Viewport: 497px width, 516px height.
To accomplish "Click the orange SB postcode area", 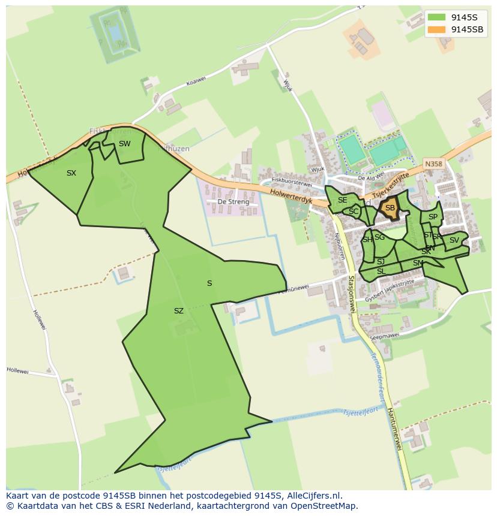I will [390, 209].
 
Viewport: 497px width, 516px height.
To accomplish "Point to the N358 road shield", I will [432, 163].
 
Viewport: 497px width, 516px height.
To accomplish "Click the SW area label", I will [124, 144].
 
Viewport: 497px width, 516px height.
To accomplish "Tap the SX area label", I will [71, 173].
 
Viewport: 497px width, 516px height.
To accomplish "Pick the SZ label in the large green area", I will [178, 311].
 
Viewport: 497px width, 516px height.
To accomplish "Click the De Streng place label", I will [233, 202].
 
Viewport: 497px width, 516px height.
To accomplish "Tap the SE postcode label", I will [342, 200].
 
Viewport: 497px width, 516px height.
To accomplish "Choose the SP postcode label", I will [433, 217].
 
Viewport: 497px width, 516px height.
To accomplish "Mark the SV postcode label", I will [454, 240].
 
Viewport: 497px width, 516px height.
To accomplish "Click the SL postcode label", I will [381, 271].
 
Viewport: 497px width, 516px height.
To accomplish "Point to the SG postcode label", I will [379, 237].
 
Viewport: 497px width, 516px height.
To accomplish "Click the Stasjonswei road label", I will [352, 293].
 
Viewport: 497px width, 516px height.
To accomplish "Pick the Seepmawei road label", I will [385, 336].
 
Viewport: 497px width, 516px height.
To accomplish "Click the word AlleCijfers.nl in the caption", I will [313, 496].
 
